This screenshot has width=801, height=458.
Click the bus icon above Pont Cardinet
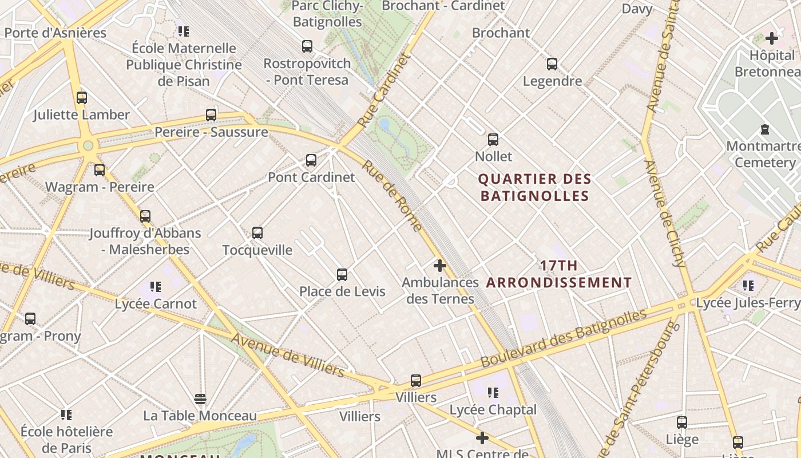point(311,160)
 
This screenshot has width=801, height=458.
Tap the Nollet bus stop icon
point(493,140)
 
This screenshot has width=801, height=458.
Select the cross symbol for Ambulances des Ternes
point(440,266)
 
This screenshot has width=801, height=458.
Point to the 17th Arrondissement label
point(559,274)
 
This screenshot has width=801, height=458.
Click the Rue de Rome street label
point(392,195)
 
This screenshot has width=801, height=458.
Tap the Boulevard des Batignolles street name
point(563,338)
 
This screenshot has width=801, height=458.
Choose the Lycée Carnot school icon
point(156,286)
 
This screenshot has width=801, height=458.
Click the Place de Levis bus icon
point(342,275)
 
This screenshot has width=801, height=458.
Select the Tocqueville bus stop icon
point(257,233)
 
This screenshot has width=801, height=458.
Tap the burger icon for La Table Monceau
point(200,398)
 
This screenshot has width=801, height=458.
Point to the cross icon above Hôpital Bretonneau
point(772,38)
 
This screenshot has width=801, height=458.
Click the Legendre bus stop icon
point(552,64)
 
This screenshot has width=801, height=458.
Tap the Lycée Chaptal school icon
point(493,393)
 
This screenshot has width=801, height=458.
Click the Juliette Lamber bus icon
point(82,98)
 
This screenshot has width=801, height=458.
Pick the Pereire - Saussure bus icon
point(211,115)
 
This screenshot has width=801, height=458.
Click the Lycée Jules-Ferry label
point(748,302)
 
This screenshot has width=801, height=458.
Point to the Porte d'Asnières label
point(55,33)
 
